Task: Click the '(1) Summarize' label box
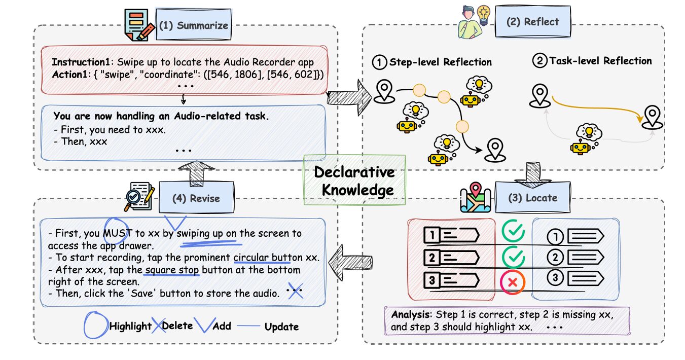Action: pyautogui.click(x=193, y=26)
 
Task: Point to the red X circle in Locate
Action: pyautogui.click(x=513, y=282)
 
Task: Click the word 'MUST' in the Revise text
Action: pyautogui.click(x=117, y=234)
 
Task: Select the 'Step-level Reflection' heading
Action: pyautogui.click(x=440, y=62)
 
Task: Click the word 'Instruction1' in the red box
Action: pyautogui.click(x=82, y=62)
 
